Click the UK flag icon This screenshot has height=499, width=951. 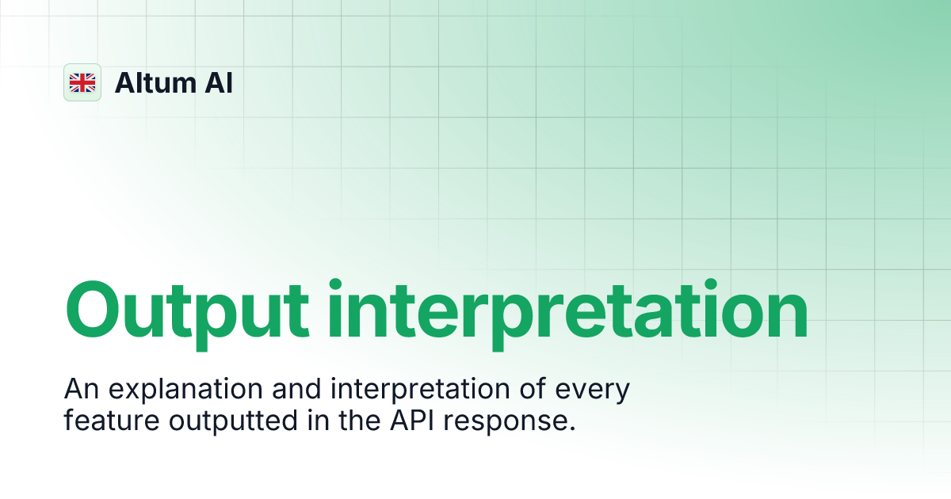point(82,82)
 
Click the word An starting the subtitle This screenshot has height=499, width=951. point(78,390)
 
